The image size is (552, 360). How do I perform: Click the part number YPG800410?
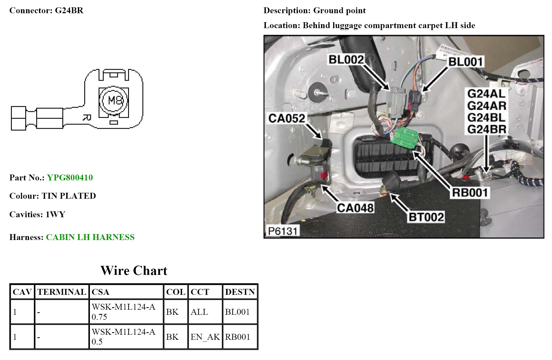(x=70, y=178)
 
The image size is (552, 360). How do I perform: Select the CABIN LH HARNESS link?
(x=90, y=237)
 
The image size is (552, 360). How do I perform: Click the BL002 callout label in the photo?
(x=346, y=60)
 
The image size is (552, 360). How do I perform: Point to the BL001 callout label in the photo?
(x=465, y=62)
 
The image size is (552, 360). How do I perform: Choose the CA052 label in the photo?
(x=287, y=118)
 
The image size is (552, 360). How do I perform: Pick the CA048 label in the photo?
(x=355, y=208)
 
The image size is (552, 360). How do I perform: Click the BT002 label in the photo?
(x=426, y=217)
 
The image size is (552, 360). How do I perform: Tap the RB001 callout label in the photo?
(x=469, y=193)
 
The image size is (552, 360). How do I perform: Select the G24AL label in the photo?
(x=486, y=94)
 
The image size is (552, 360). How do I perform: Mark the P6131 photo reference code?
(x=282, y=231)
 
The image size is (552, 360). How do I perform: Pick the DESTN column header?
(x=240, y=292)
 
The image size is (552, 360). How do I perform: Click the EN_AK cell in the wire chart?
(x=205, y=337)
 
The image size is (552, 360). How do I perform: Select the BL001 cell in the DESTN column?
(x=237, y=312)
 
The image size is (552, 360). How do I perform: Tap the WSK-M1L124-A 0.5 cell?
(x=124, y=337)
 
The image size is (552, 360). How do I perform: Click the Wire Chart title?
(x=134, y=271)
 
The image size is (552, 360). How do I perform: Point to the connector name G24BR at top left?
(x=69, y=11)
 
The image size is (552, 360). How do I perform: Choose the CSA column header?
(x=101, y=292)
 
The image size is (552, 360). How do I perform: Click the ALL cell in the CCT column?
(x=199, y=312)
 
